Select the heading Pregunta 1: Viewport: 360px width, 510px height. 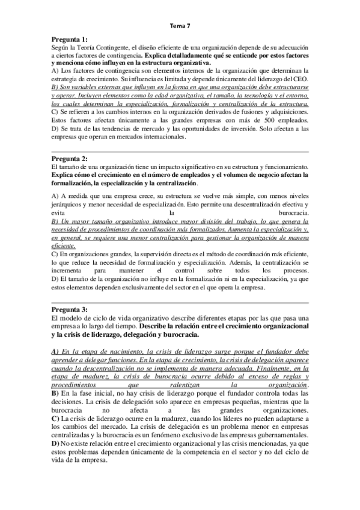(70, 39)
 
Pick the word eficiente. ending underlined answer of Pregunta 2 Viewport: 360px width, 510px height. (64, 245)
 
